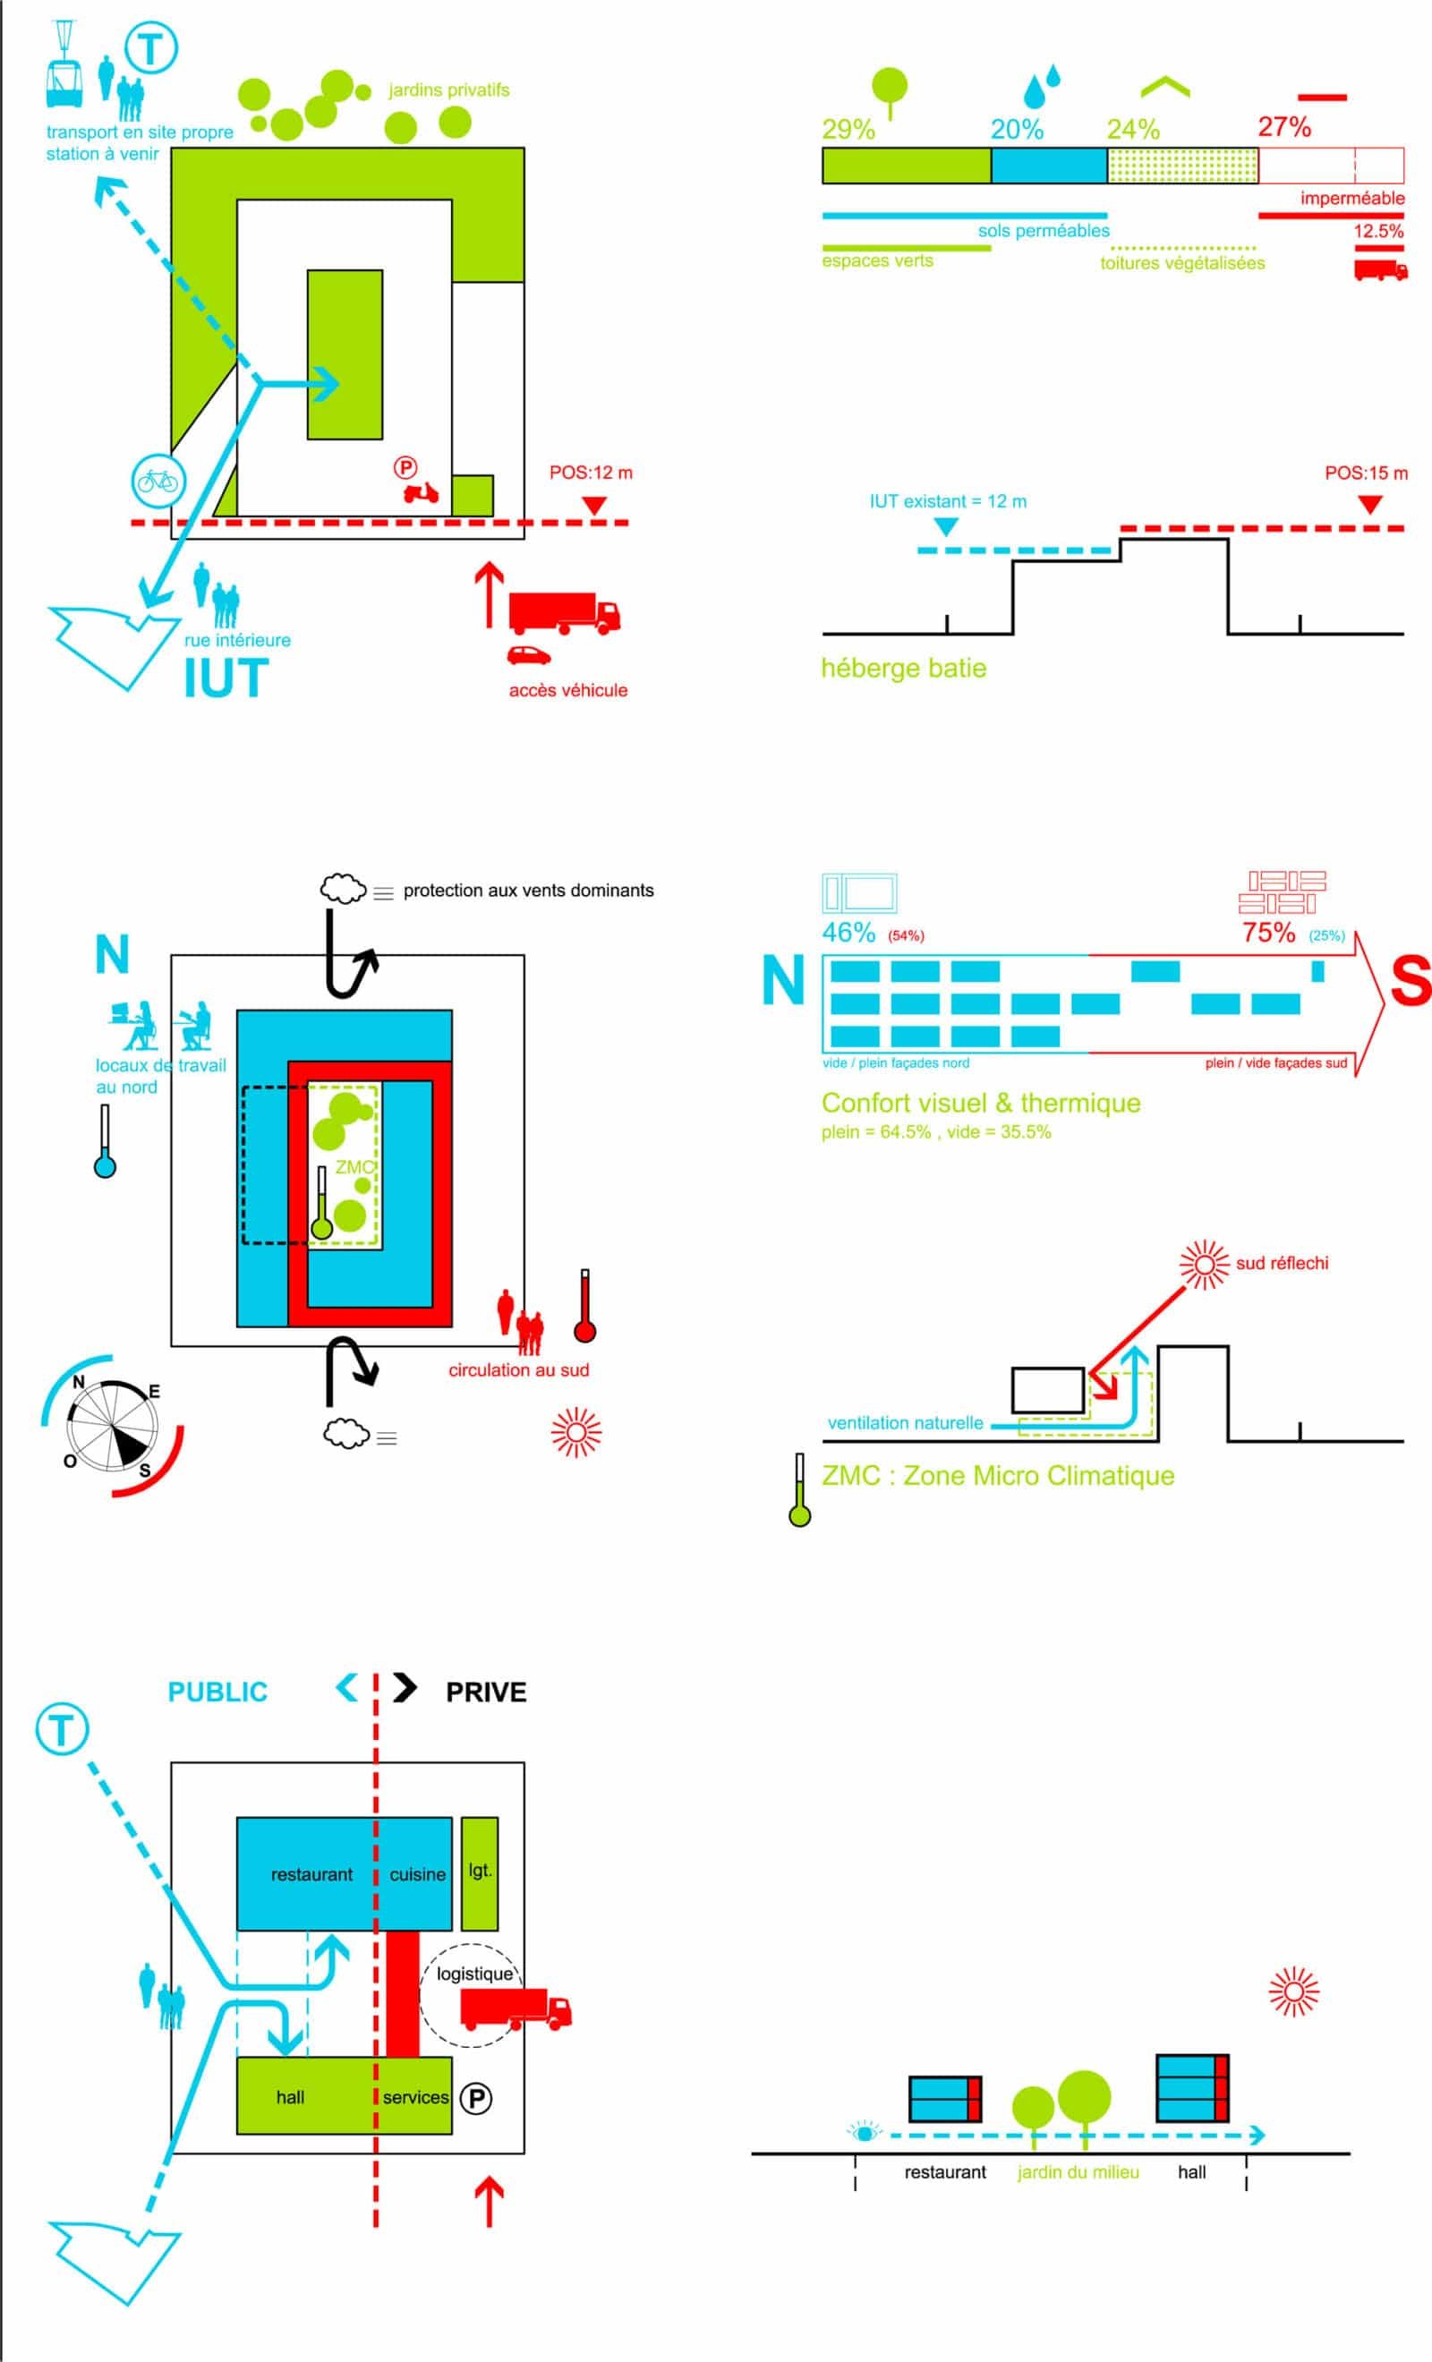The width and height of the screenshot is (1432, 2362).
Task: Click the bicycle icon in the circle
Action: pyautogui.click(x=158, y=481)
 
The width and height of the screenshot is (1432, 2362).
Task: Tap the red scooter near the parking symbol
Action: pyautogui.click(x=421, y=493)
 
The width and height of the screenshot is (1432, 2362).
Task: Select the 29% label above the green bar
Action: pyautogui.click(x=848, y=130)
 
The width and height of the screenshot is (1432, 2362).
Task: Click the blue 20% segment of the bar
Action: pyautogui.click(x=1049, y=166)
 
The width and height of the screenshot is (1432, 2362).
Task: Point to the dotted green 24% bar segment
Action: pyautogui.click(x=1181, y=166)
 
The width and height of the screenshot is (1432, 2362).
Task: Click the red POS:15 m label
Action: pyautogui.click(x=1366, y=473)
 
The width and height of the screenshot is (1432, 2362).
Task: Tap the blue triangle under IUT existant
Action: pyautogui.click(x=945, y=527)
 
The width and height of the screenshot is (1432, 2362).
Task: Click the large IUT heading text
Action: pyautogui.click(x=226, y=678)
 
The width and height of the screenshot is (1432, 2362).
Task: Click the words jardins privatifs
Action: pyautogui.click(x=448, y=90)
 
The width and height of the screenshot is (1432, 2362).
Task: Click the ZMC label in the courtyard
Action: pyautogui.click(x=354, y=1166)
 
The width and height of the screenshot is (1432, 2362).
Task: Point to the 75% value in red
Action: pyautogui.click(x=1268, y=932)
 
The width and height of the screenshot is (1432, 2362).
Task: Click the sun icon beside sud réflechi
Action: pyautogui.click(x=1204, y=1266)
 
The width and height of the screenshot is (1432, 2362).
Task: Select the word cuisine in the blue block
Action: pyautogui.click(x=417, y=1874)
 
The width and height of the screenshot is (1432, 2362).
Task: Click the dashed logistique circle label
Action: pyautogui.click(x=473, y=1974)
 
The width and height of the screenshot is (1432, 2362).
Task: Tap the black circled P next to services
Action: pyautogui.click(x=475, y=2098)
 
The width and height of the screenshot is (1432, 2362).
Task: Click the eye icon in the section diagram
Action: pyautogui.click(x=865, y=2133)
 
